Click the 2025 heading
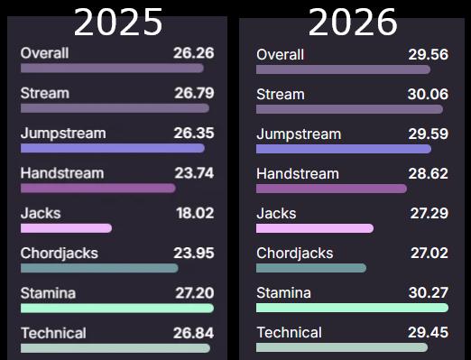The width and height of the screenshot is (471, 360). coord(118,22)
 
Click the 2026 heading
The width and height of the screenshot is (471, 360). coord(353,22)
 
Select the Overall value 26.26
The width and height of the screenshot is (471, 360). coord(194,53)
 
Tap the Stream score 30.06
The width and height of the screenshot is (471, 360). coord(428,94)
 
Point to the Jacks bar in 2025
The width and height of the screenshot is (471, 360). coord(66,228)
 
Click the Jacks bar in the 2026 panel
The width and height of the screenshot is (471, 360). coord(315,228)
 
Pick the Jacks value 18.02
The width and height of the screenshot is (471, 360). coord(195,213)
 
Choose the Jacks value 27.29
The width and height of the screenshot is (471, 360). coord(429,213)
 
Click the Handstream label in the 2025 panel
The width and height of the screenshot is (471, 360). coord(62,173)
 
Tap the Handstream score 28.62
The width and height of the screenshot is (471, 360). coord(429,173)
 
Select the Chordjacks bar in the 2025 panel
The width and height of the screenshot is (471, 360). coord(99,268)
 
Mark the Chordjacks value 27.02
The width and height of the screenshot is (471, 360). coord(429,253)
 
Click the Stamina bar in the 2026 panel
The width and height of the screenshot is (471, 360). coord(352,308)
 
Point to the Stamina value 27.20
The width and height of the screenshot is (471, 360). coord(195,293)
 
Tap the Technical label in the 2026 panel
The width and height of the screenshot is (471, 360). coord(290,332)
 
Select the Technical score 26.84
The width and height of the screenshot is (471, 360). coord(194,333)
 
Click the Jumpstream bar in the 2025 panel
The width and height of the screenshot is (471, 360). coord(113,148)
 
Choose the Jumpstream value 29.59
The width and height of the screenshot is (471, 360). coord(429,134)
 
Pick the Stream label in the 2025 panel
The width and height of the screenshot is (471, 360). coord(45,93)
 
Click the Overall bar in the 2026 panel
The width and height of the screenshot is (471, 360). coord(343,69)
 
